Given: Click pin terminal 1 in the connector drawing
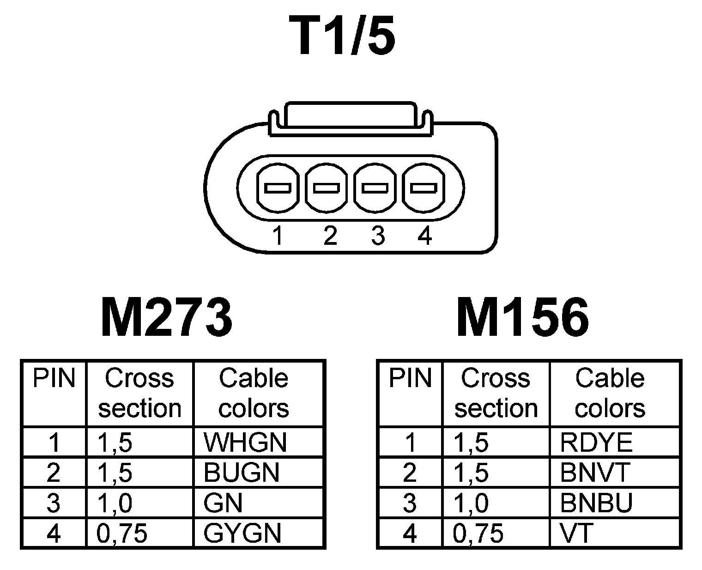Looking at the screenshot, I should tap(277, 188).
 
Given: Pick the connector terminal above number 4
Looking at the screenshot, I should tap(424, 188).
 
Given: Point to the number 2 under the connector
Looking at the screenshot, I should tap(330, 236).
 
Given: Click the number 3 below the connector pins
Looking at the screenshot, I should tap(377, 236).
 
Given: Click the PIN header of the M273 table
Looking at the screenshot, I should tap(54, 379).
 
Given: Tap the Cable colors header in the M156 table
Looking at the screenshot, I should tap(610, 393).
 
